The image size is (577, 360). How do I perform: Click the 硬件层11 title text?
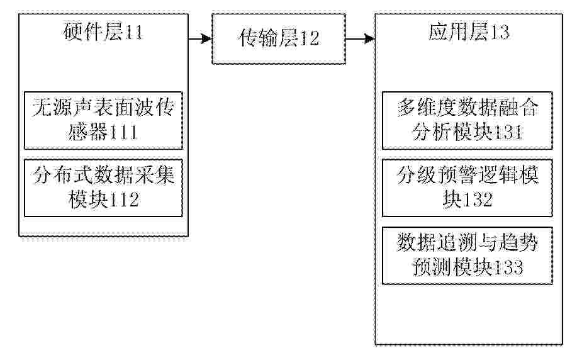pyautogui.click(x=103, y=31)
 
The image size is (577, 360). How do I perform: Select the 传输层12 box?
pyautogui.click(x=279, y=39)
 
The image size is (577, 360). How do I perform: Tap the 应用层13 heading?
pyautogui.click(x=469, y=31)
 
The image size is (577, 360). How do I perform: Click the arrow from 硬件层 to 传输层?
pyautogui.click(x=200, y=38)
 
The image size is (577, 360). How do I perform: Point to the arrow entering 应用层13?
pyautogui.click(x=361, y=38)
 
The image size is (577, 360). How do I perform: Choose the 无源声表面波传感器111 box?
pyautogui.click(x=103, y=120)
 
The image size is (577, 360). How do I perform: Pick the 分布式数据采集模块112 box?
pyautogui.click(x=103, y=188)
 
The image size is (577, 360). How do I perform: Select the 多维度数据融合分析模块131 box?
pyautogui.click(x=468, y=120)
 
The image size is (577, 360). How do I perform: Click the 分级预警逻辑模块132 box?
pyautogui.click(x=468, y=188)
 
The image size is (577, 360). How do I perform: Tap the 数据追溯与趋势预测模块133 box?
pyautogui.click(x=468, y=256)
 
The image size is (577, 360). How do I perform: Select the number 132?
pyautogui.click(x=478, y=200)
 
